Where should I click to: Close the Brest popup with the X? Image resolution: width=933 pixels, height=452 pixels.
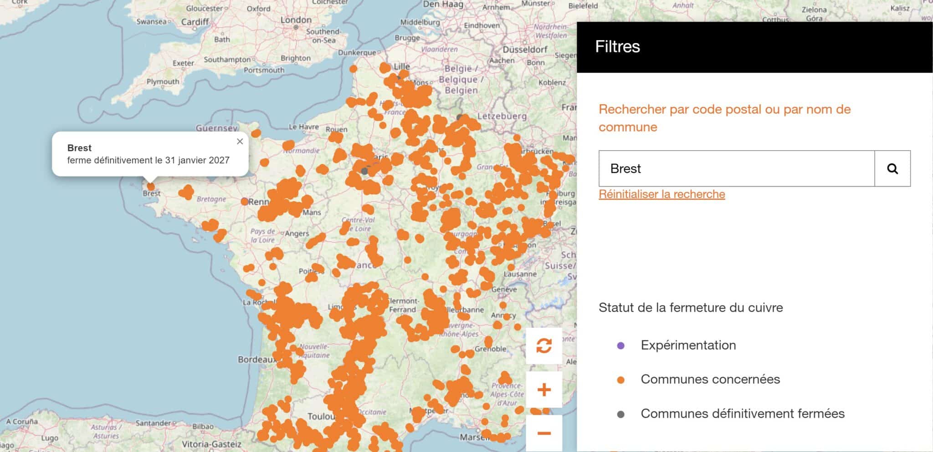coord(240,142)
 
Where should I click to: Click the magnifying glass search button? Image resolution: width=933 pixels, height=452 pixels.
coord(892,169)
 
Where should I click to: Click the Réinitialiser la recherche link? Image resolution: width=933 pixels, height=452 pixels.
coord(661,194)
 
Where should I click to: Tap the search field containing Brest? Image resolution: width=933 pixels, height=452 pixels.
coord(736,169)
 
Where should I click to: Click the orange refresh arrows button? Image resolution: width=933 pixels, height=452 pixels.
coord(544,345)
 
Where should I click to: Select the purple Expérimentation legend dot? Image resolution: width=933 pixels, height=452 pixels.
coord(620,345)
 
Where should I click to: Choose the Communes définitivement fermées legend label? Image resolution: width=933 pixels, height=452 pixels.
coord(742,414)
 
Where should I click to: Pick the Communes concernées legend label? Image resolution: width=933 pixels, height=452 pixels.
coord(710,379)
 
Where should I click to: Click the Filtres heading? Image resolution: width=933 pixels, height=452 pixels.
coord(617,47)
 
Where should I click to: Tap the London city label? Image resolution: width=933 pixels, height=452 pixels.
coord(296,20)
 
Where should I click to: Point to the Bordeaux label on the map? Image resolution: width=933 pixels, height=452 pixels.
coord(256,360)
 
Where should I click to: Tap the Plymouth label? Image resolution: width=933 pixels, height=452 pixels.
coord(163,82)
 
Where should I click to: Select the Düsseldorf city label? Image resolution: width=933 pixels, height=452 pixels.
coord(525,50)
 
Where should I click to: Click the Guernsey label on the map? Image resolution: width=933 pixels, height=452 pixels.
coord(217,128)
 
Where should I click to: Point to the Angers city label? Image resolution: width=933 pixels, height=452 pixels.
coord(297,234)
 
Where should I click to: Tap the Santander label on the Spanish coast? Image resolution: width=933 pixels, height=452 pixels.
coord(153,423)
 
